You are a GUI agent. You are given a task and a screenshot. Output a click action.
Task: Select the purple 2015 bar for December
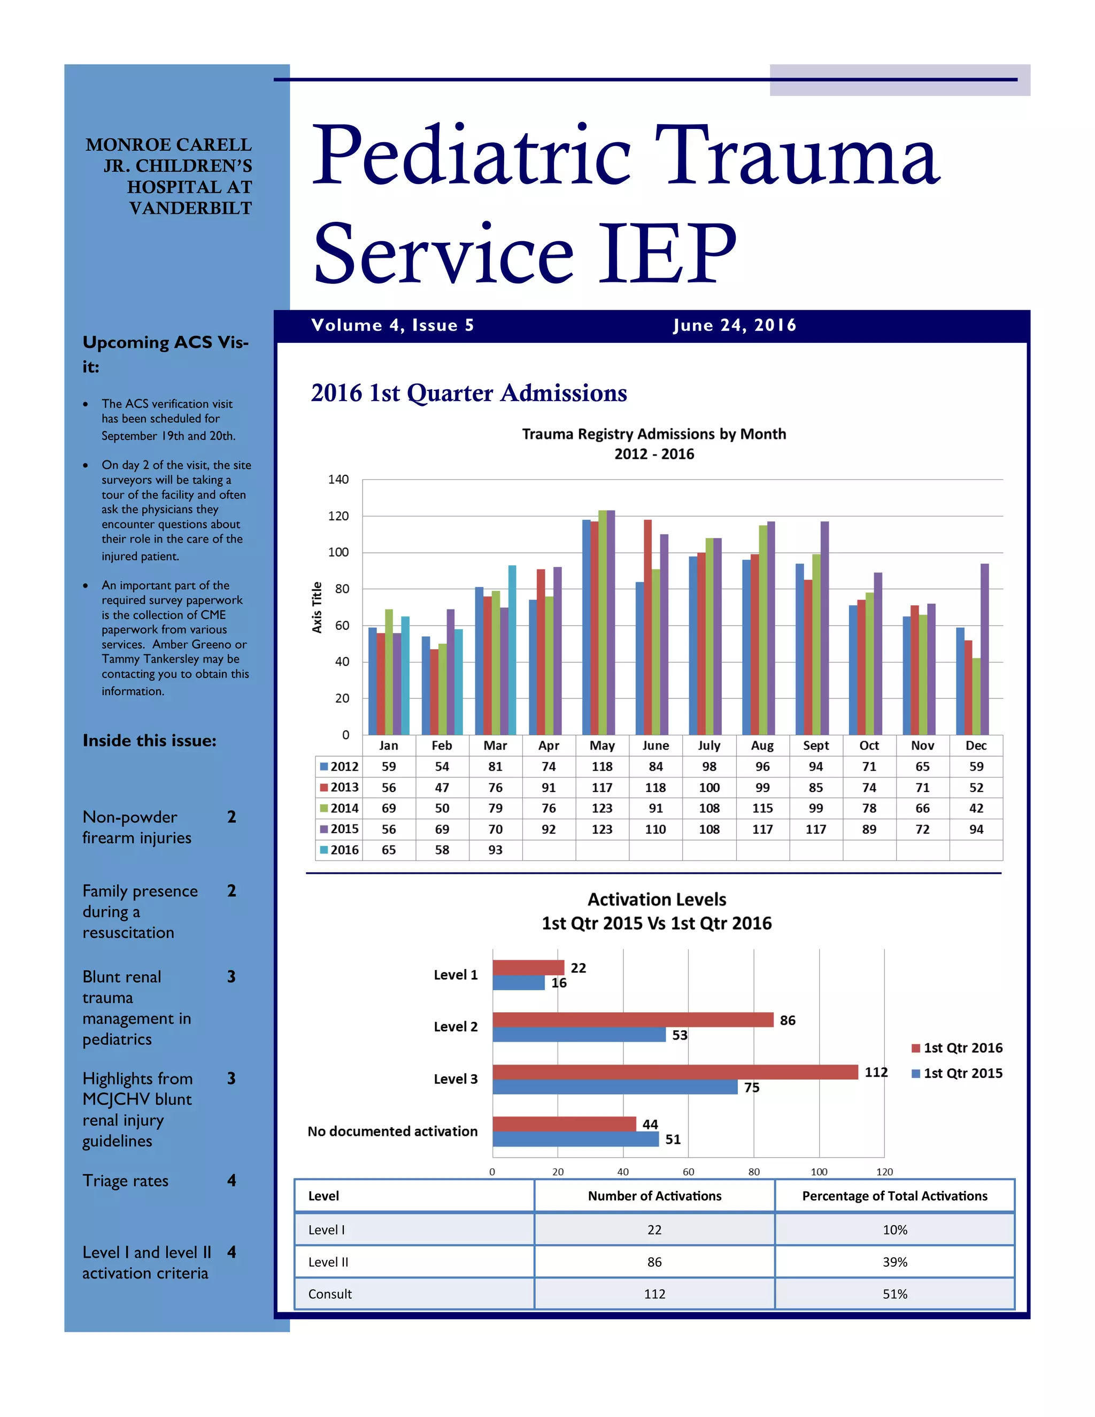point(984,649)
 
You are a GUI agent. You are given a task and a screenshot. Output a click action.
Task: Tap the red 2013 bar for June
point(647,627)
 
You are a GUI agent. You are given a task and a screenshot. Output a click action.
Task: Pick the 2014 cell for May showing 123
point(602,808)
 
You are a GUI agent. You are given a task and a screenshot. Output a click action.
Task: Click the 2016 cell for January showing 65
point(389,849)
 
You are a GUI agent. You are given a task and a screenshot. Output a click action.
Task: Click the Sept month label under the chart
point(815,745)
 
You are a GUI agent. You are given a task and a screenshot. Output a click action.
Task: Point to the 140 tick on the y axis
point(338,480)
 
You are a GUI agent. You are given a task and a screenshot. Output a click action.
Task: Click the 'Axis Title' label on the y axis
point(317,607)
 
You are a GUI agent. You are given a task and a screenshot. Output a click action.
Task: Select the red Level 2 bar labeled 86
point(633,1019)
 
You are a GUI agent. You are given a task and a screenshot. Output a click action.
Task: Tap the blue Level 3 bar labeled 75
point(614,1087)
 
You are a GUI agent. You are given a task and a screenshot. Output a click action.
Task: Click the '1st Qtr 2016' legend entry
point(957,1048)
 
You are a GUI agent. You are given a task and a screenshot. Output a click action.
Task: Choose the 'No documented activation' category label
point(392,1131)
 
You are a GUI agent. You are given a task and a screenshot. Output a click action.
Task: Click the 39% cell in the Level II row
point(894,1262)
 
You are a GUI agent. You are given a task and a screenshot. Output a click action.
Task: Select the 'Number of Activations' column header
point(654,1196)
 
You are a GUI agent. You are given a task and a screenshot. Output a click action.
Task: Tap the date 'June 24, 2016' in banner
point(734,325)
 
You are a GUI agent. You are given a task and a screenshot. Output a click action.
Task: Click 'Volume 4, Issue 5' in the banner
point(392,325)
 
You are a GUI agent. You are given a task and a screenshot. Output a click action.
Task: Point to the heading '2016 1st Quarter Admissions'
point(468,393)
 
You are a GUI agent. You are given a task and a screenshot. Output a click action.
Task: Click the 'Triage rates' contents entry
point(125,1181)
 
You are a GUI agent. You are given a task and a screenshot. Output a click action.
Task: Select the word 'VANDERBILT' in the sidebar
point(190,208)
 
